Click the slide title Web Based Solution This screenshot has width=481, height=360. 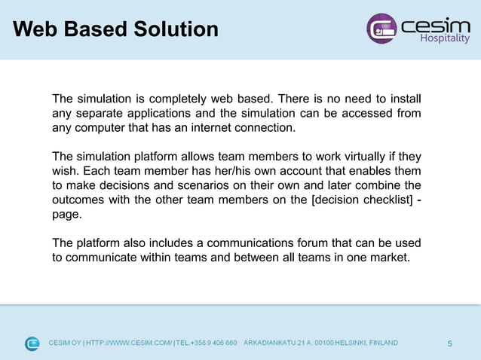point(115,29)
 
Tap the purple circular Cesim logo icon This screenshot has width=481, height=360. point(381,29)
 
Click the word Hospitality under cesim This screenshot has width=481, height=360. point(444,39)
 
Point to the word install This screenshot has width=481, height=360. point(402,99)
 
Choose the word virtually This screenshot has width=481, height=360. point(361,157)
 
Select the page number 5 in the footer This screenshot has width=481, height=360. point(450,344)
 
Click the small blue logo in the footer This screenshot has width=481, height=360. point(32,343)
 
